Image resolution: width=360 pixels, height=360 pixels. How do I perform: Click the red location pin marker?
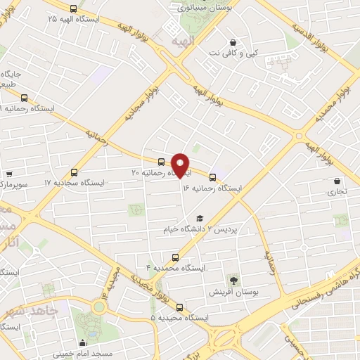click(181, 165)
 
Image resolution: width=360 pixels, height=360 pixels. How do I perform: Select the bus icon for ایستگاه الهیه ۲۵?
click(73, 8)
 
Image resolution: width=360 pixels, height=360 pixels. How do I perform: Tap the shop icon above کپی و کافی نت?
click(233, 41)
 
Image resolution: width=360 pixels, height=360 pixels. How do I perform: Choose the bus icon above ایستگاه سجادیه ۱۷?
click(75, 171)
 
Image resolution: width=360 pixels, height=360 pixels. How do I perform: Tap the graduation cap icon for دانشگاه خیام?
click(200, 219)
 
